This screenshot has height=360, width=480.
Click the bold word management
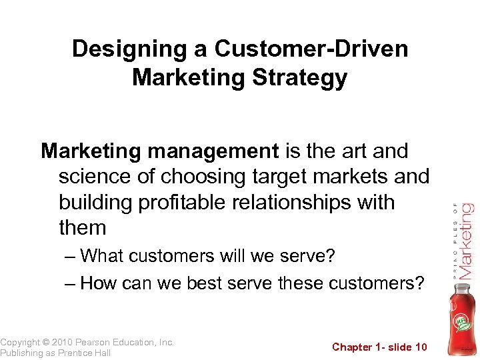click(213, 152)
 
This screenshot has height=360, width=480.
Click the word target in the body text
click(287, 177)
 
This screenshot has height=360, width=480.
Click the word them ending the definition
click(83, 227)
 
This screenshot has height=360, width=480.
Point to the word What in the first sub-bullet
click(105, 256)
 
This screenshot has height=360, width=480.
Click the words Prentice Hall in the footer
click(84, 353)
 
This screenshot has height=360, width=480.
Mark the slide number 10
click(420, 347)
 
